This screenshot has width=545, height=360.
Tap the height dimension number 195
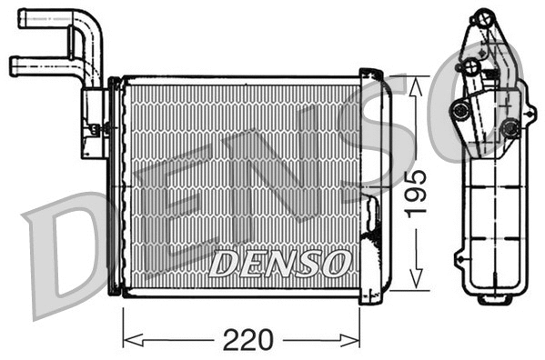click(x=415, y=192)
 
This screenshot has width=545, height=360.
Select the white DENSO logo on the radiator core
click(x=278, y=264)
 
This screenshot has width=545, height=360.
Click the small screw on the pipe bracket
click(x=94, y=131)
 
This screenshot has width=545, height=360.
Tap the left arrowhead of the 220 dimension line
click(x=128, y=339)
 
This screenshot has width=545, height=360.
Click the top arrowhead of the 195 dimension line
click(x=415, y=83)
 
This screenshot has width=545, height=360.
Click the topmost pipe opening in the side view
click(x=479, y=18)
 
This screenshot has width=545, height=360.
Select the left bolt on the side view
click(x=460, y=110)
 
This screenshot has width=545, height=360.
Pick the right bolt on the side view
click(x=510, y=128)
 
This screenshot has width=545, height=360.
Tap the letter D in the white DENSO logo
click(x=221, y=264)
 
